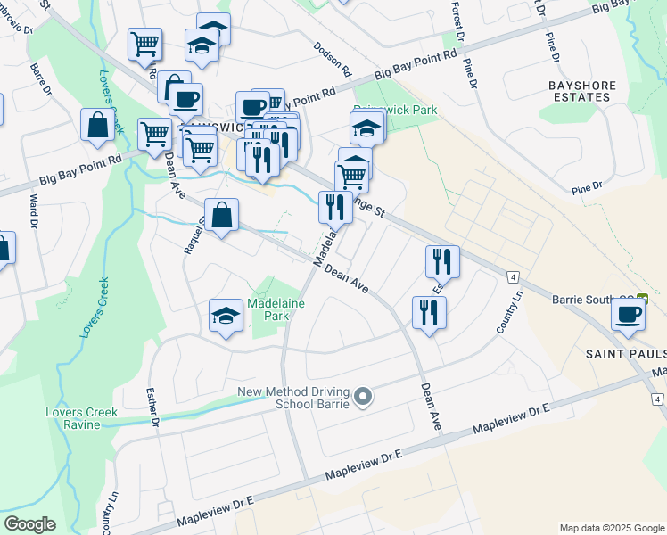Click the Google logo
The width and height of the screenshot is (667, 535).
(29, 524)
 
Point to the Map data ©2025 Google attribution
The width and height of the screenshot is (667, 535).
(612, 528)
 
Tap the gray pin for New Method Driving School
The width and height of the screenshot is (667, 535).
(362, 396)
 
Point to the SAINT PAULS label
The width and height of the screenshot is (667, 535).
(624, 354)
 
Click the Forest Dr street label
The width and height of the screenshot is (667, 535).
(457, 23)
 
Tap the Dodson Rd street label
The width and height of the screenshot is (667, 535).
(333, 58)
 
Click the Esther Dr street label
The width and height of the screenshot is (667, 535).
(152, 405)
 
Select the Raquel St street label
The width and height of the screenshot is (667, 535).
(190, 235)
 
